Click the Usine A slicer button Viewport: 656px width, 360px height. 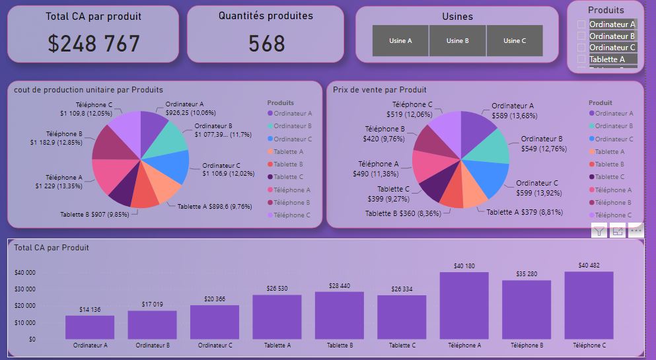coord(400,41)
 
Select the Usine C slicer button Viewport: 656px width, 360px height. coord(515,41)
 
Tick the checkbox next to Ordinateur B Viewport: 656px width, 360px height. coord(581,36)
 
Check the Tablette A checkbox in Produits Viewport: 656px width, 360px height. coord(581,59)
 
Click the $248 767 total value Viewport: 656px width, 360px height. coord(94,44)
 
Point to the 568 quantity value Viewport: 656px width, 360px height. coord(266,44)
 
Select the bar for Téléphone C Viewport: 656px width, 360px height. coord(589,305)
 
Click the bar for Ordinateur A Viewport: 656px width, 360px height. coord(90,327)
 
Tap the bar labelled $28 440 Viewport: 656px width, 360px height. coord(339,315)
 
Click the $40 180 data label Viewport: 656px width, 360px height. coord(464,266)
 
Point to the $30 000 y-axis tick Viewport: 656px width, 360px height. coord(24,289)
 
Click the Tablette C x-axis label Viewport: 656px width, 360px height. coord(401,345)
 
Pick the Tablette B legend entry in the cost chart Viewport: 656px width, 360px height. coord(288,164)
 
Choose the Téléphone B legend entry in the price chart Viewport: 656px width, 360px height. coord(612,203)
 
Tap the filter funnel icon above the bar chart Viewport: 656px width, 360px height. coord(599,231)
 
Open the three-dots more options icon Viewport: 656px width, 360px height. coord(636,231)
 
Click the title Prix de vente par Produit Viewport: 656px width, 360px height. coord(380,90)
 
